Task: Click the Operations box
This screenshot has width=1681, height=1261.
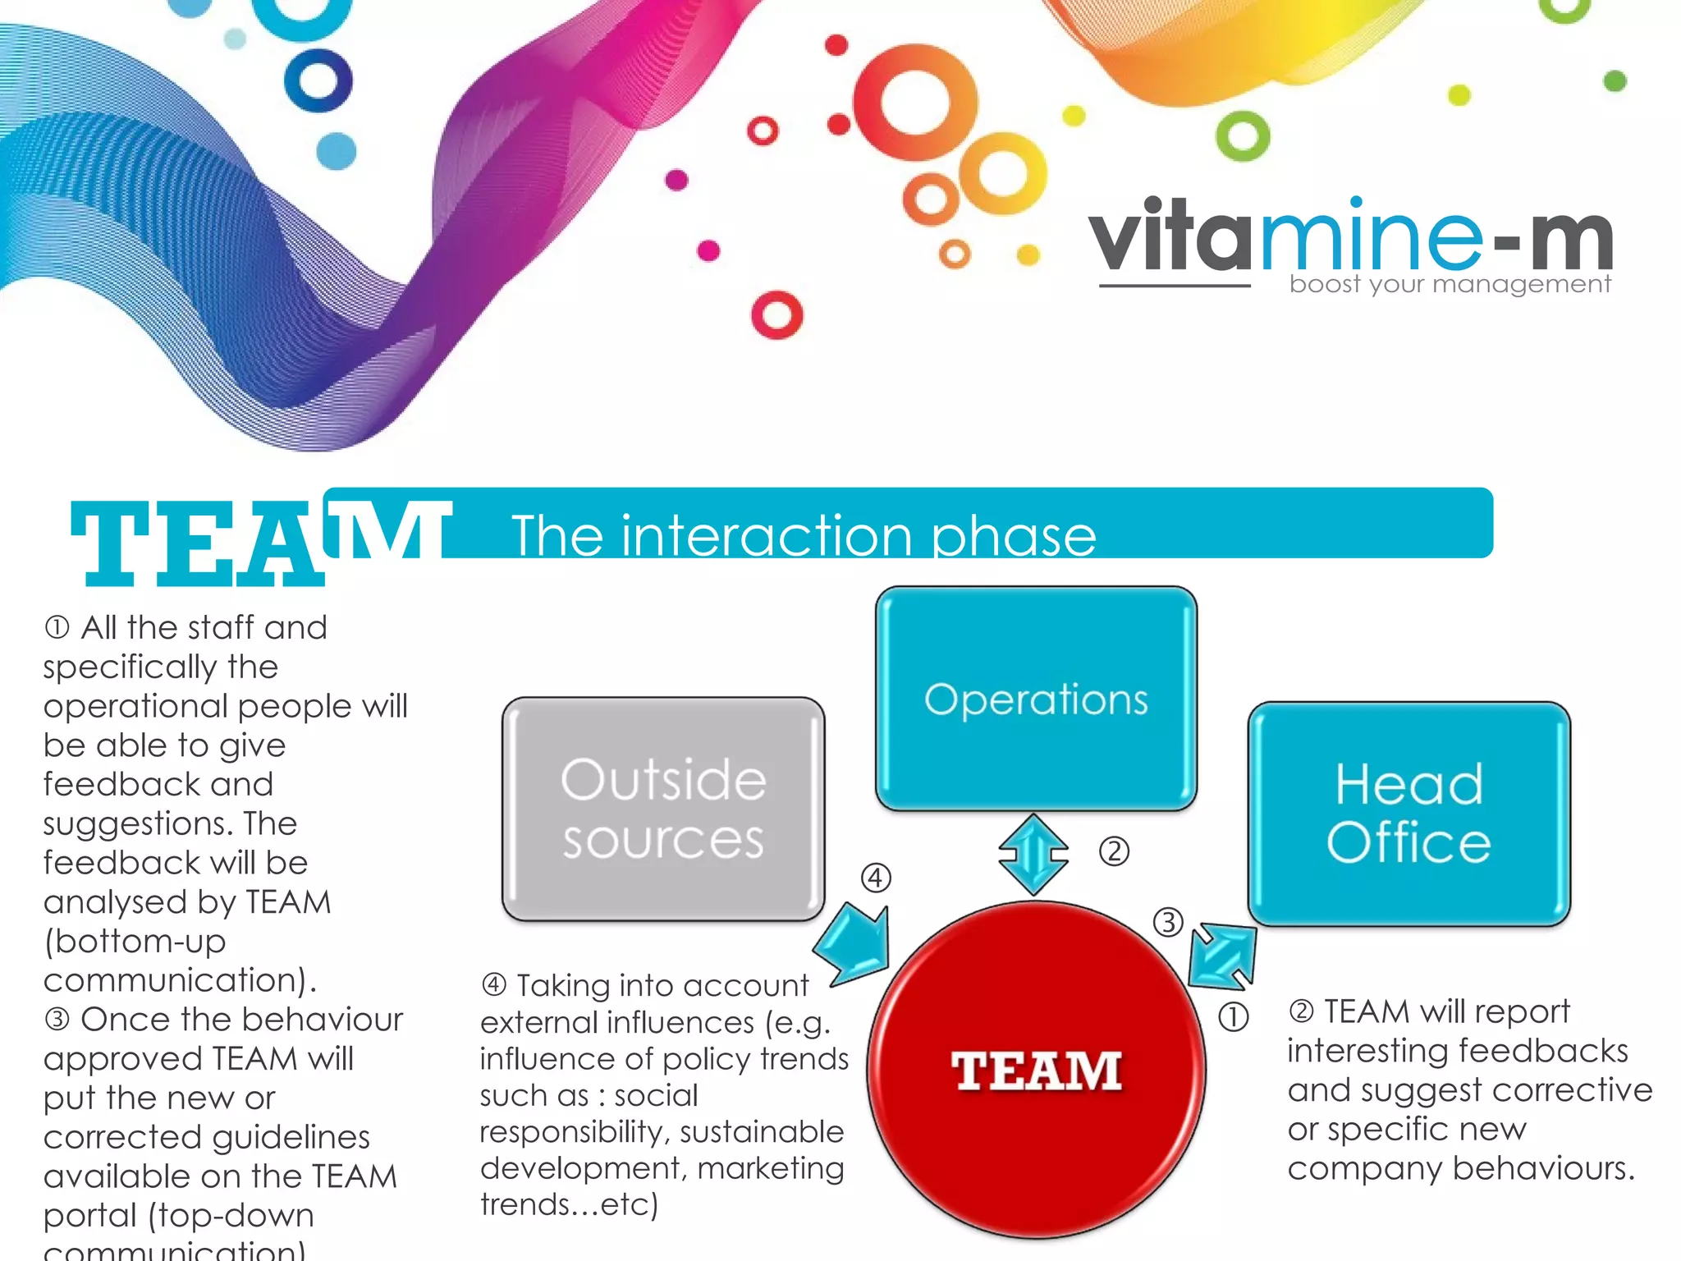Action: pos(1036,698)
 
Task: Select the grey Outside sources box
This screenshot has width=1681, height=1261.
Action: pos(663,809)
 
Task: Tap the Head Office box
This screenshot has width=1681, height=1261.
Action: pos(1408,813)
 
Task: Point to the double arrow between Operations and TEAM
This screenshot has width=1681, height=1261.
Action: pos(1033,855)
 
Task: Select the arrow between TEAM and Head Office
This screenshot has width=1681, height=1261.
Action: pos(1222,956)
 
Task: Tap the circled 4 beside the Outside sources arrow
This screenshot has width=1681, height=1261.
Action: pos(876,878)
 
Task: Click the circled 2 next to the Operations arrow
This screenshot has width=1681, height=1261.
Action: pos(1114,851)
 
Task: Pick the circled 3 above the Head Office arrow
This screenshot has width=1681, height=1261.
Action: pos(1168,922)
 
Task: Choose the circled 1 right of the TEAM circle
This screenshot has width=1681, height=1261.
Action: pos(1233,1017)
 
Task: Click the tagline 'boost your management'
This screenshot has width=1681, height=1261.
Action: pos(1450,284)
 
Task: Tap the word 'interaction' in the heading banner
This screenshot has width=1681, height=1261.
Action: pos(768,536)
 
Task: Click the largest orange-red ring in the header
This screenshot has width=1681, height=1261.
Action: pos(914,103)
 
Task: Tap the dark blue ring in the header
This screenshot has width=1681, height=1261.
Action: pos(318,80)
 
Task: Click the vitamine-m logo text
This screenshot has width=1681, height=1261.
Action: pos(1350,238)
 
